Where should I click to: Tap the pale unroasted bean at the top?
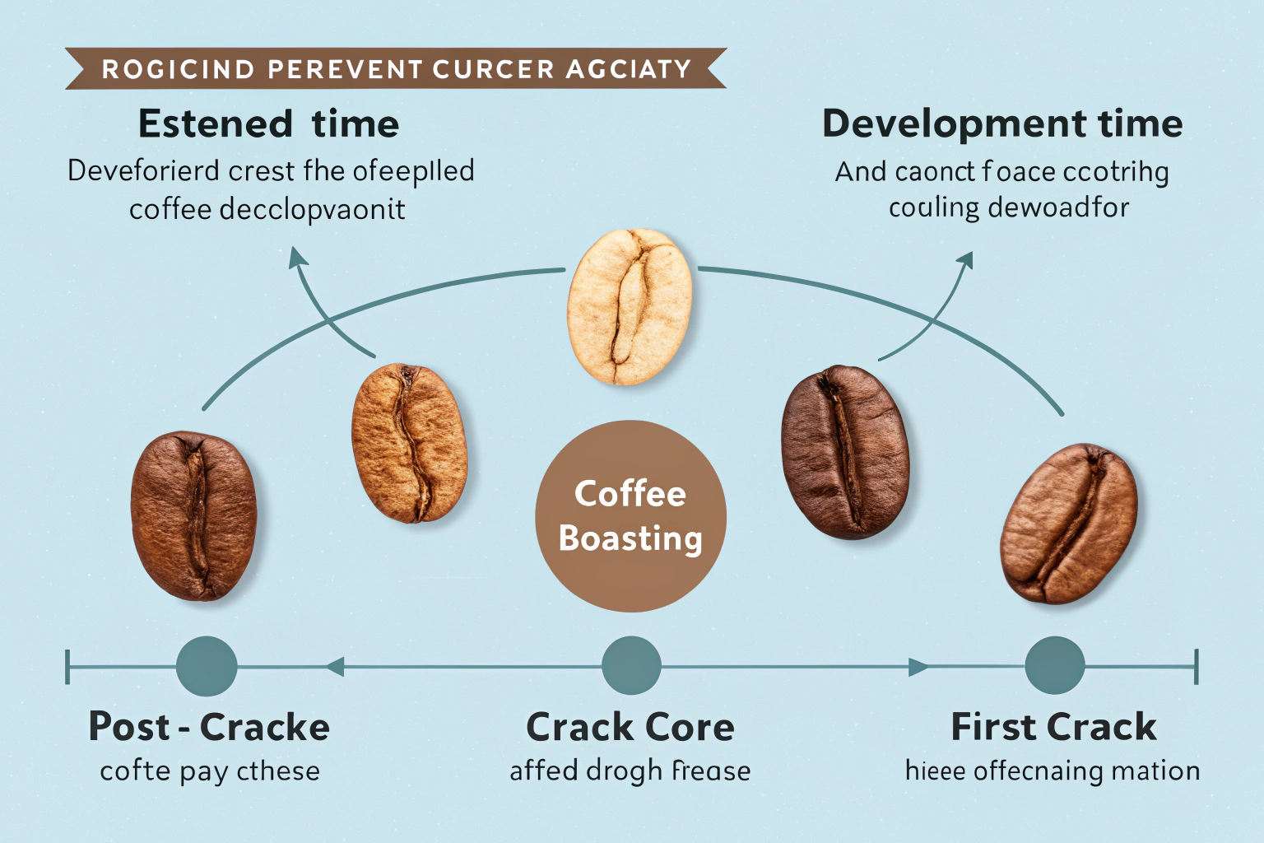(x=630, y=306)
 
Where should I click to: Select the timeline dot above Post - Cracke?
(x=207, y=666)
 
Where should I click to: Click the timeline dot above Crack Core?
(x=631, y=665)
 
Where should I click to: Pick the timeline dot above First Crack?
(x=1054, y=665)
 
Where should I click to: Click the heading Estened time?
(x=268, y=124)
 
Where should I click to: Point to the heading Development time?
(x=1002, y=123)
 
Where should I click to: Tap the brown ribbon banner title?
(x=396, y=68)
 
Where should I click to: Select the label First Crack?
(x=1053, y=727)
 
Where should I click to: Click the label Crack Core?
(x=630, y=728)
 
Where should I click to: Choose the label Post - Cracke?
(x=209, y=727)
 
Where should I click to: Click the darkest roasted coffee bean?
(x=845, y=452)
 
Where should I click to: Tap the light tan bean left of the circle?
(x=409, y=442)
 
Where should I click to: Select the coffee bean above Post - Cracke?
(x=194, y=515)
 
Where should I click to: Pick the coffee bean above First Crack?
(x=1068, y=524)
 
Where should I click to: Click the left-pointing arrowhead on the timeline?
(x=334, y=666)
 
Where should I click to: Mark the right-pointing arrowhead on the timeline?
(x=918, y=666)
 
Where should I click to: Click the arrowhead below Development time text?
(x=964, y=260)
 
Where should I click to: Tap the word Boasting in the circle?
(x=630, y=538)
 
